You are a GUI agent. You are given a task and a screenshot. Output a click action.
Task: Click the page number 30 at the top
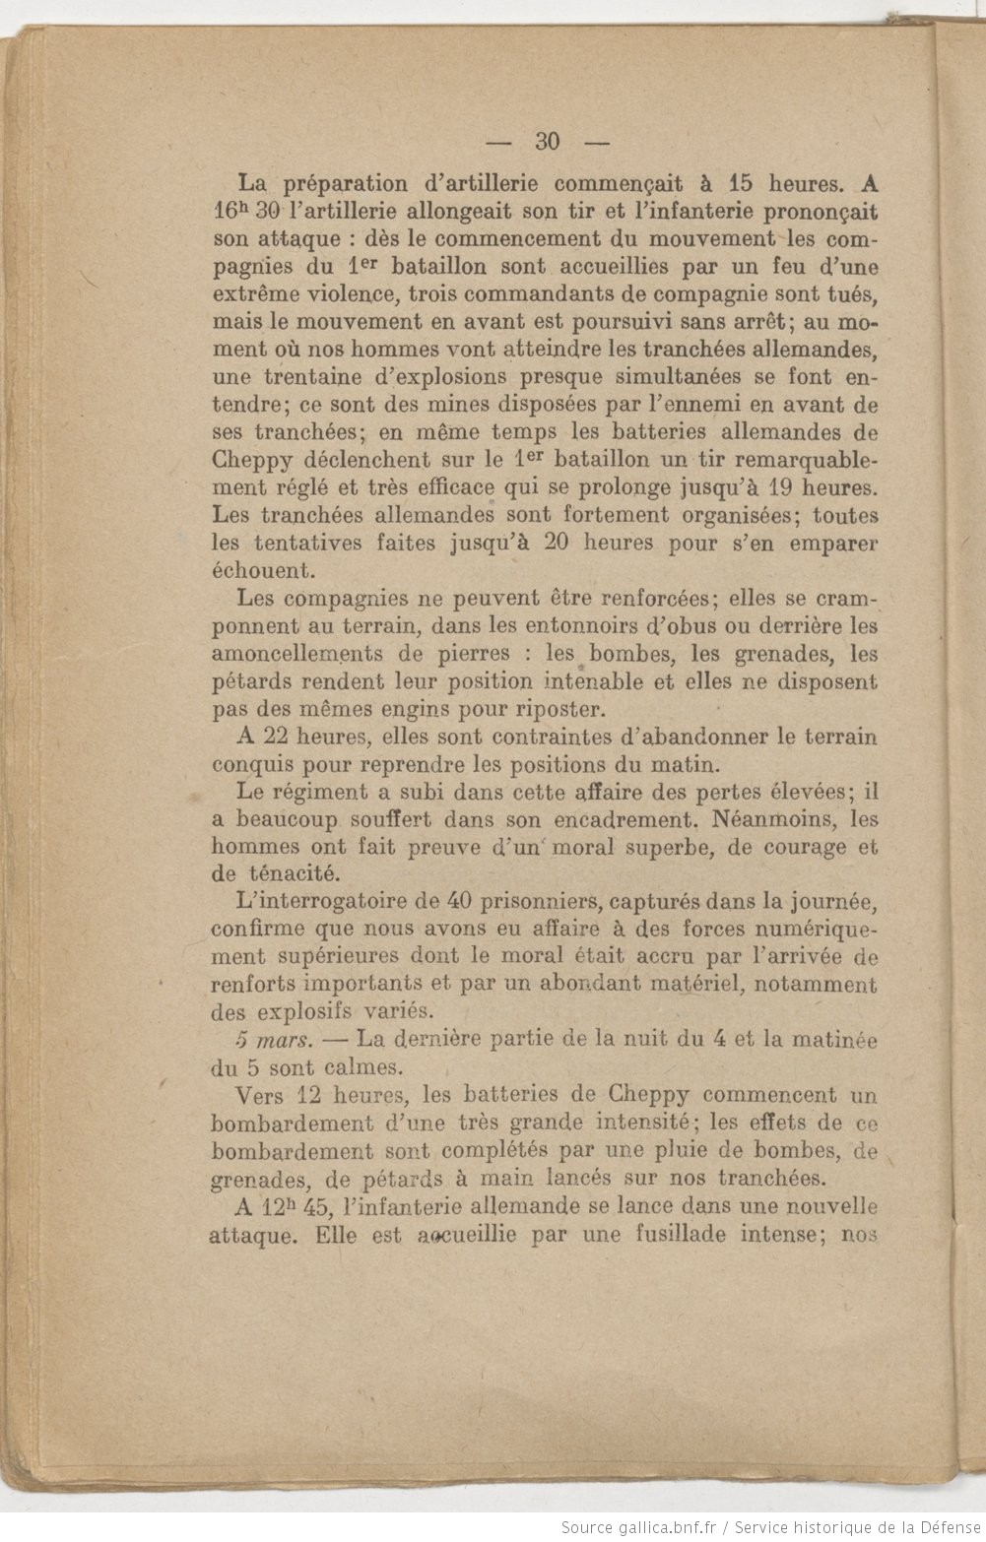coord(548,142)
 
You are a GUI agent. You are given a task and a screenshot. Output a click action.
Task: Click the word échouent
coord(262,570)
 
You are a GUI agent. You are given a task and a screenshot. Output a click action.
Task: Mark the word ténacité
coord(290,873)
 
